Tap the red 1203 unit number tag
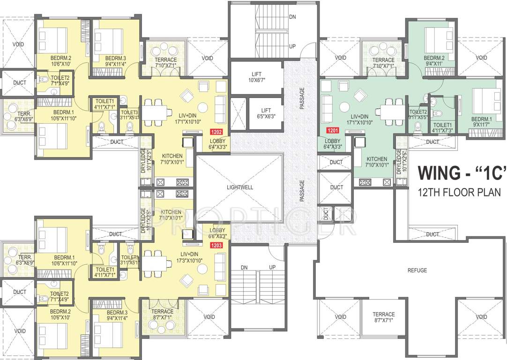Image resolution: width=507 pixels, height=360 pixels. tap(216, 244)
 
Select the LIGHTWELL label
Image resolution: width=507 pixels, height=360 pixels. tap(239, 187)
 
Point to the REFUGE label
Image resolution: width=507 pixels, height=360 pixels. tap(417, 270)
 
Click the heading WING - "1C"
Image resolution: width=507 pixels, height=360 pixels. tap(462, 173)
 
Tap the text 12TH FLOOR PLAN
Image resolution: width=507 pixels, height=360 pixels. tap(460, 192)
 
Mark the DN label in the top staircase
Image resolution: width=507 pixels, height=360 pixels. tap(292, 16)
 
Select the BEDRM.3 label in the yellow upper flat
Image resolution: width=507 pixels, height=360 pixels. tap(115, 59)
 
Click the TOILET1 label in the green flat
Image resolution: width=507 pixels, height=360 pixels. tap(442, 127)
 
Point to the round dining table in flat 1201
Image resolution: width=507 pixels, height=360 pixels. tap(345, 106)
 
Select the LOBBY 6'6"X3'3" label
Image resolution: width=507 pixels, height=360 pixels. tap(217, 233)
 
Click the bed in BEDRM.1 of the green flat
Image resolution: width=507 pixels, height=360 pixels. tap(483, 101)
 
